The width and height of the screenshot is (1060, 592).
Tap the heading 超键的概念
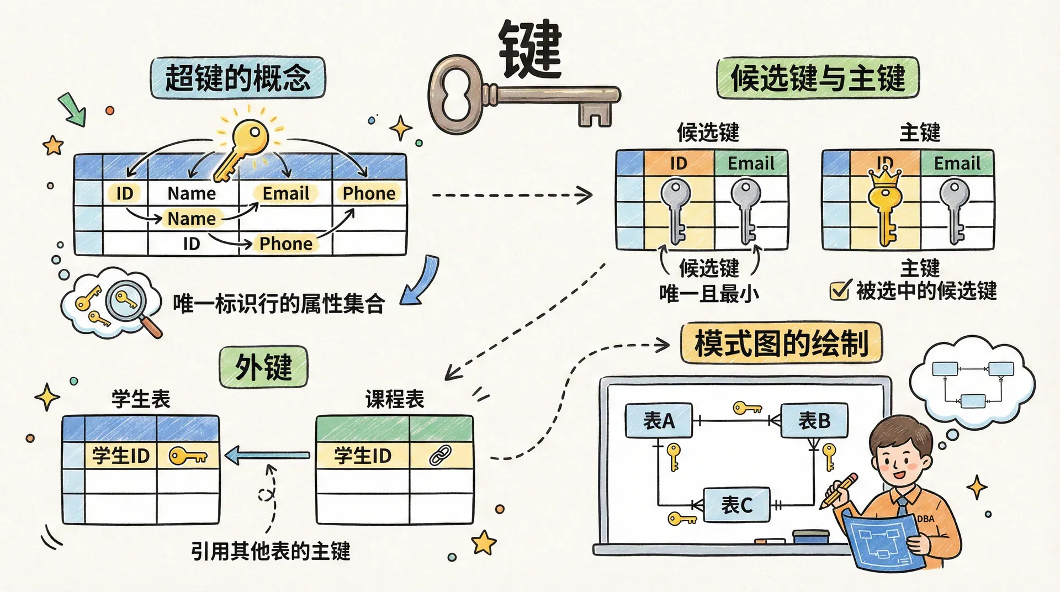click(238, 78)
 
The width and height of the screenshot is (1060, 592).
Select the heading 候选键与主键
click(818, 78)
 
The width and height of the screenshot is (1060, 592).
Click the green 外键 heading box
click(263, 367)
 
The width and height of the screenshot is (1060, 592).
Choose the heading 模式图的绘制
click(781, 343)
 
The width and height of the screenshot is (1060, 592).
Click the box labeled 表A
click(659, 421)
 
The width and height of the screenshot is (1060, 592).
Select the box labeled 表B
click(814, 421)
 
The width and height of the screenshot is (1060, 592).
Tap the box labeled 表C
click(736, 505)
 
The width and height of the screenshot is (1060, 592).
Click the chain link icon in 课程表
click(441, 455)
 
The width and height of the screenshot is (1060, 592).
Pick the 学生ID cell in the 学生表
click(120, 456)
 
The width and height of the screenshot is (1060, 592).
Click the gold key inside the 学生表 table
click(188, 456)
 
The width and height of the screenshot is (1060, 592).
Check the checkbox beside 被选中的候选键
click(839, 290)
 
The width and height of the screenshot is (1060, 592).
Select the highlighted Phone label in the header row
click(369, 193)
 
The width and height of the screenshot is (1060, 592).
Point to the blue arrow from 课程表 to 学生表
click(268, 456)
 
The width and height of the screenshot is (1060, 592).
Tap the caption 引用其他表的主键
click(271, 551)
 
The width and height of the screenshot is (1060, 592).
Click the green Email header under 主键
click(957, 163)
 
